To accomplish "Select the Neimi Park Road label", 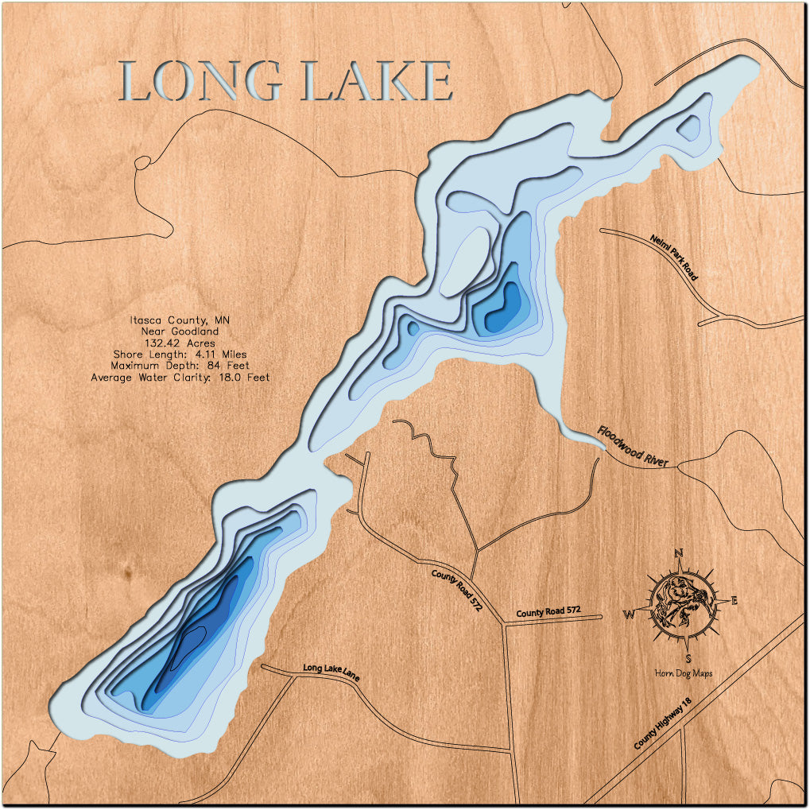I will pos(673,257).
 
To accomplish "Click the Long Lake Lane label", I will pos(331,672).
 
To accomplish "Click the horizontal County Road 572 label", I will pos(548,611).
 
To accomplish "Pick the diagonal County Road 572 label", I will pos(456,590).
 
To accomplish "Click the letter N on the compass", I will pos(678,553).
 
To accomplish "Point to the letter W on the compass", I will pos(628,614).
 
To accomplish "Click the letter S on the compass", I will pos(688,657).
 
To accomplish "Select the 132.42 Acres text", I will pos(180,342).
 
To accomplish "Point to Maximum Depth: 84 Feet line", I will pos(180,366).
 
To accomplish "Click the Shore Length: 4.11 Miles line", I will pos(180,354).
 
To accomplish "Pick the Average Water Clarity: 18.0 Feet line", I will pos(180,378).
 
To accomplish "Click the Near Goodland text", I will pos(180,331).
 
